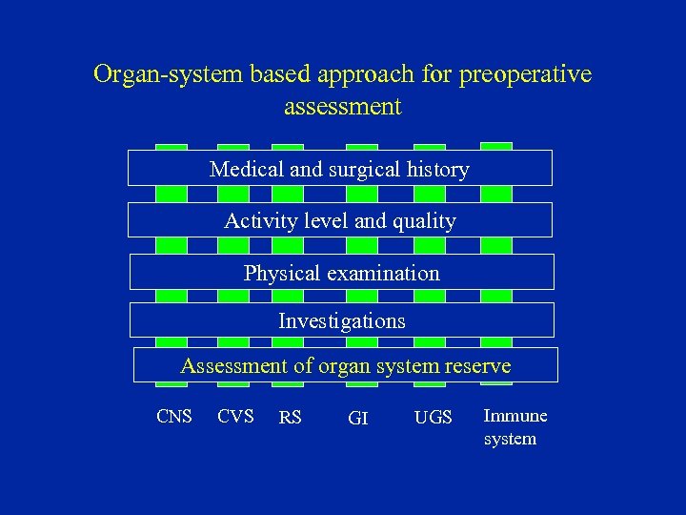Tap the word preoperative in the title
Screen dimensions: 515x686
point(525,74)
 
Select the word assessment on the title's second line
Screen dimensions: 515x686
point(343,106)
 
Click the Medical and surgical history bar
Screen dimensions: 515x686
point(340,169)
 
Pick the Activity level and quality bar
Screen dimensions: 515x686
point(340,220)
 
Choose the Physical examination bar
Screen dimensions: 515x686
point(341,273)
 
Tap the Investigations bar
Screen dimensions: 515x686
point(341,320)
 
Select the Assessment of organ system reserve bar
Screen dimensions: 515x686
point(345,365)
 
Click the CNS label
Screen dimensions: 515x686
point(174,417)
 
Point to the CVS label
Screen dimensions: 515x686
point(235,417)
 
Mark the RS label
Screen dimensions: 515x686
point(290,418)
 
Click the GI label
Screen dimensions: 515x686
point(358,418)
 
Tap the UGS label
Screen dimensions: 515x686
point(434,418)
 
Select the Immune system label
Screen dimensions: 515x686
point(515,426)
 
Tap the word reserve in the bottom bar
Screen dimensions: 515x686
point(478,365)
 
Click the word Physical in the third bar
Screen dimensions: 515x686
point(279,273)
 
